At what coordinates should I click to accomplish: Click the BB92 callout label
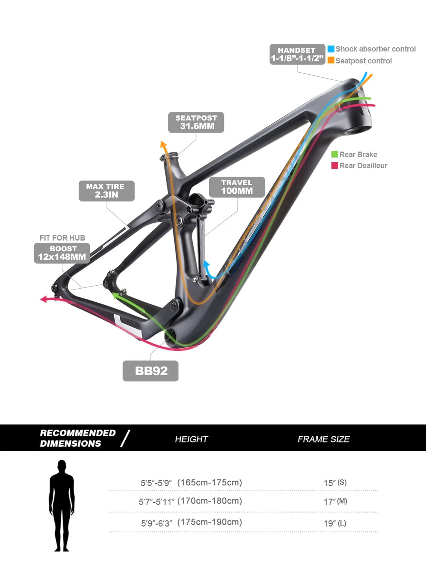tap(150, 371)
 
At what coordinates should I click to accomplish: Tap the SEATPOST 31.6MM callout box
tap(196, 122)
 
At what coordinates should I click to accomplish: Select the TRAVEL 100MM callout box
tap(237, 187)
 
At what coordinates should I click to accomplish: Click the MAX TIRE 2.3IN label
tap(106, 191)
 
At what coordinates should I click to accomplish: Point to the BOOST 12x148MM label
tap(62, 253)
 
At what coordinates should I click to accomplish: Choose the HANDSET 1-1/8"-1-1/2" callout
tap(297, 54)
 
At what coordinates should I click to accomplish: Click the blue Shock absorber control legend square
tap(331, 49)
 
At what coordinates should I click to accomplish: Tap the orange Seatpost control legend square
tap(331, 60)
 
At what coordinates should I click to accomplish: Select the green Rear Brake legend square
tap(335, 154)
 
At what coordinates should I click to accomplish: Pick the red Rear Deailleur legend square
tap(335, 165)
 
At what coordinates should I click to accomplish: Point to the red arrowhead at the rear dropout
tap(43, 299)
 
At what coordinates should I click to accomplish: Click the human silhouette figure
tap(62, 505)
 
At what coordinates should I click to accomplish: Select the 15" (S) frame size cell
tap(335, 483)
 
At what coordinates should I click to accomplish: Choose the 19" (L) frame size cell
tap(335, 523)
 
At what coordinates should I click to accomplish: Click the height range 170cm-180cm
tap(210, 501)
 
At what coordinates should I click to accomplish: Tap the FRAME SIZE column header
tap(323, 439)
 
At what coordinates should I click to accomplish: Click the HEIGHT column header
tap(191, 439)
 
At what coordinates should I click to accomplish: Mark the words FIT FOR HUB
tap(62, 238)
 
